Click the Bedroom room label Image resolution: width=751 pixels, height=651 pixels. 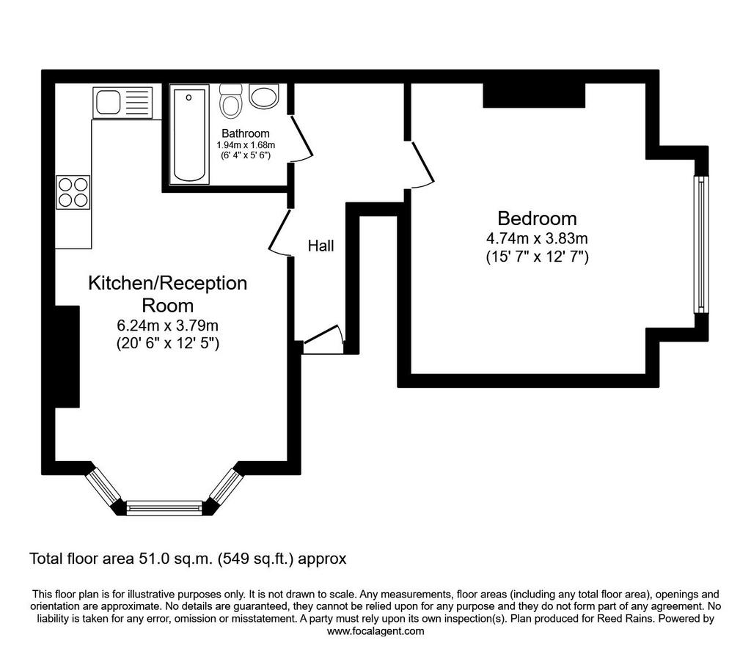click(x=537, y=218)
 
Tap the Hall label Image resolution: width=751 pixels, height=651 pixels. click(x=320, y=246)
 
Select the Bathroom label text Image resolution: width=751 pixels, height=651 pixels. click(x=245, y=133)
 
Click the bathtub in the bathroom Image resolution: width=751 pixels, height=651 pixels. click(x=190, y=134)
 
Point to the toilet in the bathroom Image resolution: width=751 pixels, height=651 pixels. click(x=231, y=101)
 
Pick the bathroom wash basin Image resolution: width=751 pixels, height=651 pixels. click(x=264, y=96)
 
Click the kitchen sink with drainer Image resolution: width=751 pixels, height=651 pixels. click(x=122, y=103)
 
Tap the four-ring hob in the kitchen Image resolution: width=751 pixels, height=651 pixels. click(x=73, y=192)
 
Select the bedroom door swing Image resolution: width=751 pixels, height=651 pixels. click(x=422, y=165)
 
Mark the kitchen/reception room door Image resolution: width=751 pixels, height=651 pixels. click(x=280, y=232)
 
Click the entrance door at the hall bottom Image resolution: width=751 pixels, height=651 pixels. click(x=323, y=339)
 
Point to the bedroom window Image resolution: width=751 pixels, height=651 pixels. click(x=701, y=244)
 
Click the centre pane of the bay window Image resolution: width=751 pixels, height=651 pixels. click(x=164, y=507)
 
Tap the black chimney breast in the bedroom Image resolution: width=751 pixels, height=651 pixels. click(x=534, y=95)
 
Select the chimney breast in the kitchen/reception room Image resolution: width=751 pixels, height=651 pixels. click(x=67, y=356)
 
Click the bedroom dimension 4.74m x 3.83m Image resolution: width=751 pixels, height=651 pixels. click(x=537, y=238)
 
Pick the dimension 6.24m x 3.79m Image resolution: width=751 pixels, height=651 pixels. click(x=168, y=325)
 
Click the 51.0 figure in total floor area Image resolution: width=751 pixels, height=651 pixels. click(x=154, y=559)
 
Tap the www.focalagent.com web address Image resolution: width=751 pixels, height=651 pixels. click(x=375, y=631)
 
